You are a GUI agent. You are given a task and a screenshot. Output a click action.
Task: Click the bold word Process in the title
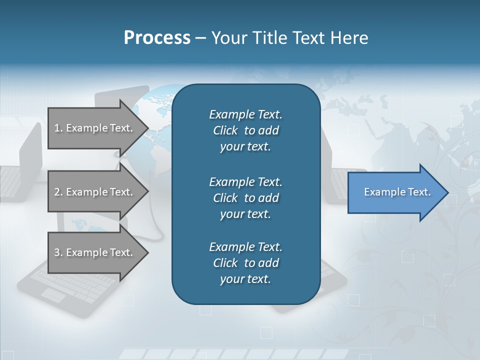pos(157,37)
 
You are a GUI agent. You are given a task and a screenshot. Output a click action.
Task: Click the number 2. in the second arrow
pos(58,192)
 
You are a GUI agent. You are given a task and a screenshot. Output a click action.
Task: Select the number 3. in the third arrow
pos(58,252)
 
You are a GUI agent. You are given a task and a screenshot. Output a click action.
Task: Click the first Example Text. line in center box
pos(245,114)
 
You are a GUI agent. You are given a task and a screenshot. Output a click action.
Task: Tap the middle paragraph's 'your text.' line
pos(245,214)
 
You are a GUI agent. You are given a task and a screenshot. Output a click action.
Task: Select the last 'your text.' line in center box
pos(245,279)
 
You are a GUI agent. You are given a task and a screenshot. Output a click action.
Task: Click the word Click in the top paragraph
pos(225,130)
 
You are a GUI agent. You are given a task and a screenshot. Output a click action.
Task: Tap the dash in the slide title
pos(200,38)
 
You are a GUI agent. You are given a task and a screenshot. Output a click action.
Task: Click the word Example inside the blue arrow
pos(381,192)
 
